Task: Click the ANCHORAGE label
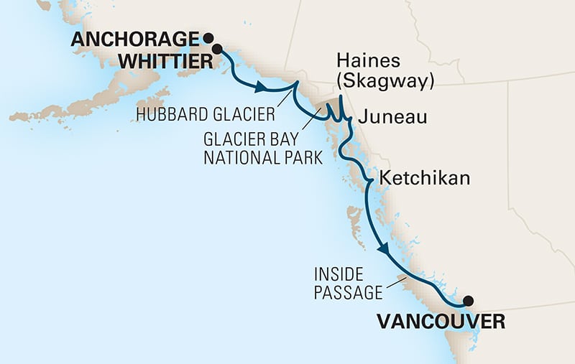tap(134, 39)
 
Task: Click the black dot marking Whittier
tap(216, 52)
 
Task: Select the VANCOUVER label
tap(440, 322)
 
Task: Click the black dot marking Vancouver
tap(468, 301)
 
